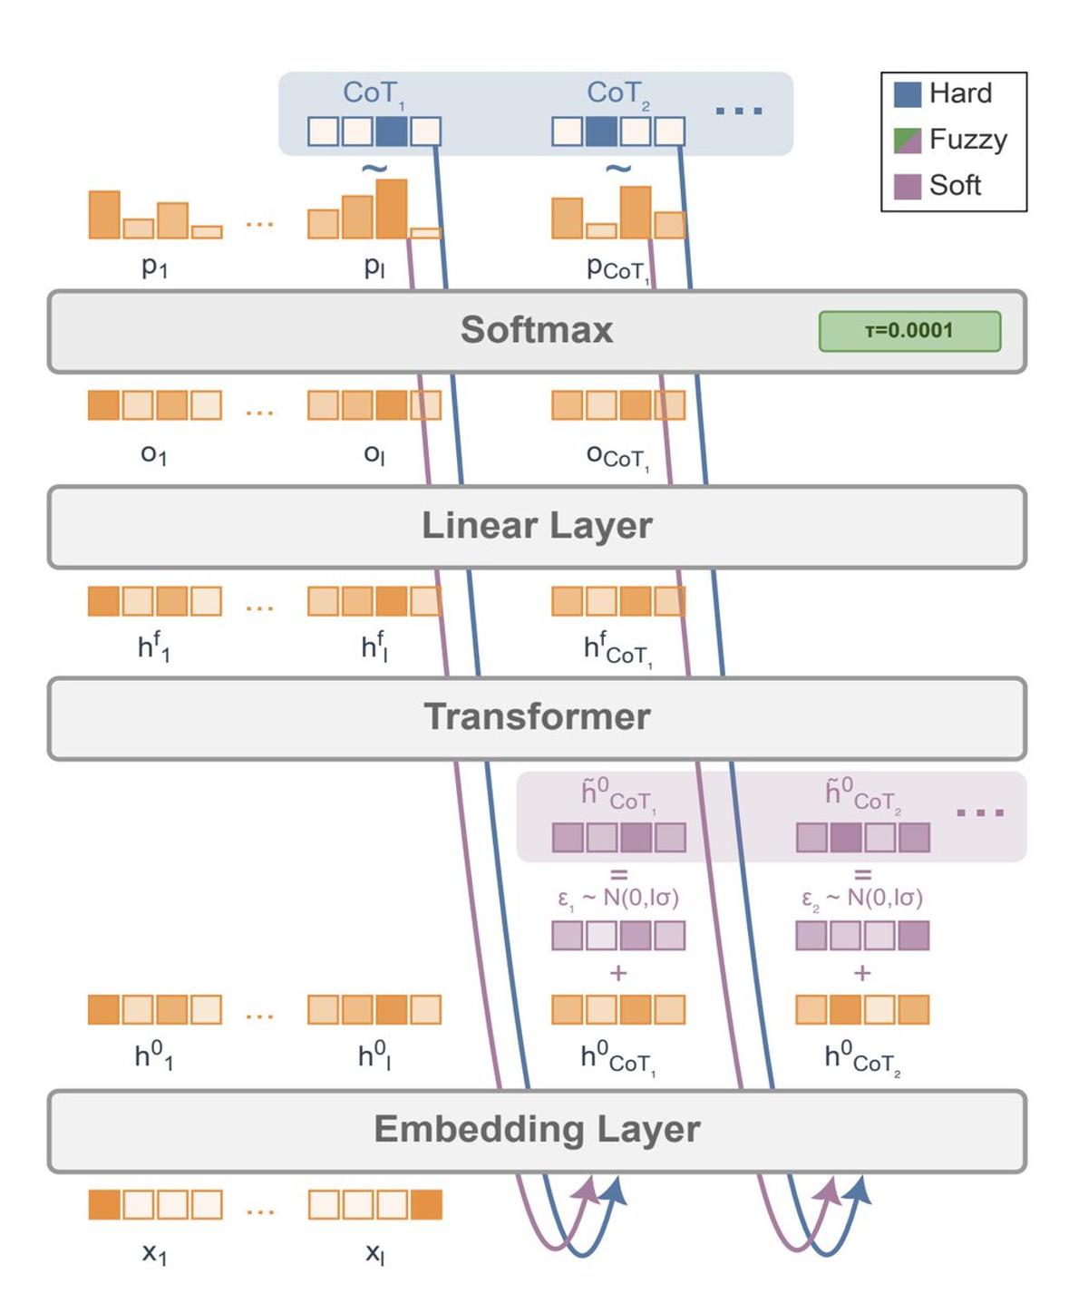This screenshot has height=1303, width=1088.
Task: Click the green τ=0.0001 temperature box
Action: coord(909,331)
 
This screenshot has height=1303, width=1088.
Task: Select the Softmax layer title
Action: coord(537,330)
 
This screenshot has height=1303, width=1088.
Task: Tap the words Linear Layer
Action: coord(537,526)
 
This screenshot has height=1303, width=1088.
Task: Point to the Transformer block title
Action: coord(537,716)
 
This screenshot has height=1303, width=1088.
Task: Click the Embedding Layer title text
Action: coord(537,1130)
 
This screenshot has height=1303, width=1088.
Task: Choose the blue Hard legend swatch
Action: coord(908,94)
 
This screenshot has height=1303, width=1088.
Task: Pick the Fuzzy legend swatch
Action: coord(908,141)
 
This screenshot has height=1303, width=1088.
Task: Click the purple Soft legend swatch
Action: coord(908,186)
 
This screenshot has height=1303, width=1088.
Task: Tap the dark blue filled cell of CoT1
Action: coord(391,131)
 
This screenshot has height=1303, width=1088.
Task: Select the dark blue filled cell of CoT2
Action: coord(601,131)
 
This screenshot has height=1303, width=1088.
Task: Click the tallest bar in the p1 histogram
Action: coord(104,215)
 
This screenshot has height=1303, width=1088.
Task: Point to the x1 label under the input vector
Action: coord(154,1253)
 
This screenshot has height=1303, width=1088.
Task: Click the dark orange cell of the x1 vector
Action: coord(104,1204)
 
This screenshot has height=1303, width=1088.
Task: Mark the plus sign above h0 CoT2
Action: coord(861,973)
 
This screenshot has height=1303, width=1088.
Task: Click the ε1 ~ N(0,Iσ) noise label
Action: coord(617,898)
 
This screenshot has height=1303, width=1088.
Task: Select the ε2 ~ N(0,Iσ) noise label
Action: coord(861,898)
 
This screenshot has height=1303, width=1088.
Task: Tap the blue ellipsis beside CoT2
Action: coord(739,111)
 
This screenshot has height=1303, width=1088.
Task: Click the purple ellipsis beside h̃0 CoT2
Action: coord(980,812)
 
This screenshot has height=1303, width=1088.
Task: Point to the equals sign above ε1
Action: coord(618,875)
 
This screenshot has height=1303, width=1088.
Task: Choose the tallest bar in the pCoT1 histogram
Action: coord(636,212)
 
